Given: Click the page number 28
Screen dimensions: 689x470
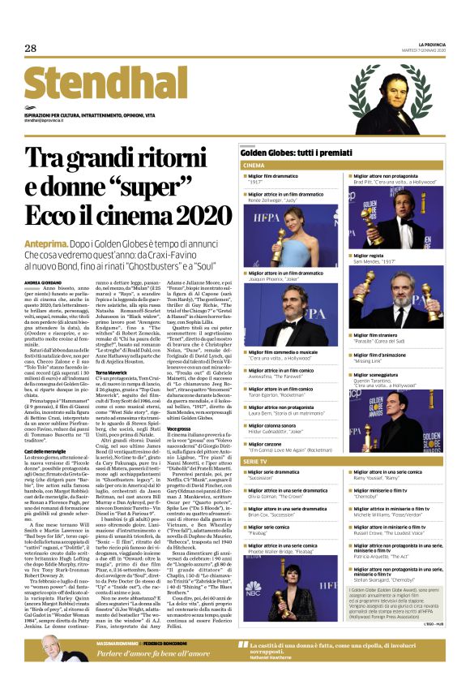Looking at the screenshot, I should [30, 48].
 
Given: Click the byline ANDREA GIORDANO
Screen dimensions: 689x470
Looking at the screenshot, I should [41, 282].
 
